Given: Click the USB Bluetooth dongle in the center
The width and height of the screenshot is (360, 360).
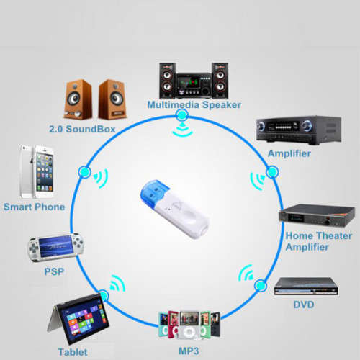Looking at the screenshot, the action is point(175,208).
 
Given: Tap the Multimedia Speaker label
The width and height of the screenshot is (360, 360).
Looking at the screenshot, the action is point(194,105).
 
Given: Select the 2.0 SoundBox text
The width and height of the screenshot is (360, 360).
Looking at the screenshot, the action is point(82,129).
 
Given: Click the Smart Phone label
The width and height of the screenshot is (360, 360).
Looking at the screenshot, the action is point(35,207).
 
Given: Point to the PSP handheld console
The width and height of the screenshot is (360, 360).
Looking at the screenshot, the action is point(55,247).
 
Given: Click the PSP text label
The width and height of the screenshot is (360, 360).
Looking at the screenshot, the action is point(54,271).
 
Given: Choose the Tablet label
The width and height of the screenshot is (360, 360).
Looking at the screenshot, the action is point(73,352).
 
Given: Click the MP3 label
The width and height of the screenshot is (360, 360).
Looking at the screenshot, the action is point(189,351).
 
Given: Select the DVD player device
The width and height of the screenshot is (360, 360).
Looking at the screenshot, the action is point(306,287).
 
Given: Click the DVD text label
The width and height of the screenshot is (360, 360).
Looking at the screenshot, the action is point(304,305).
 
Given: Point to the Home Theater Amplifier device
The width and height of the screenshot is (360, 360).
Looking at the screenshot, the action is point(317,216).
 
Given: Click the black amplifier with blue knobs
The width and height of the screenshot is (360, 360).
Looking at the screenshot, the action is point(299,130).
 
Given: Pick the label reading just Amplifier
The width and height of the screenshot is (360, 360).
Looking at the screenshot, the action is point(289,153).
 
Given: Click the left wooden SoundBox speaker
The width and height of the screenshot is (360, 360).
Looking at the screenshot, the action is point(78,99).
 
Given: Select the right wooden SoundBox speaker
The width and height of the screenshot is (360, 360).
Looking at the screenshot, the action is point(112,99).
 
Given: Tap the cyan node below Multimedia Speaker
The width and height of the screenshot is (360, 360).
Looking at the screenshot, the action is point(181,115).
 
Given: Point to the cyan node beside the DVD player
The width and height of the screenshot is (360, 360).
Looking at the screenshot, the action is point(260,286).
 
